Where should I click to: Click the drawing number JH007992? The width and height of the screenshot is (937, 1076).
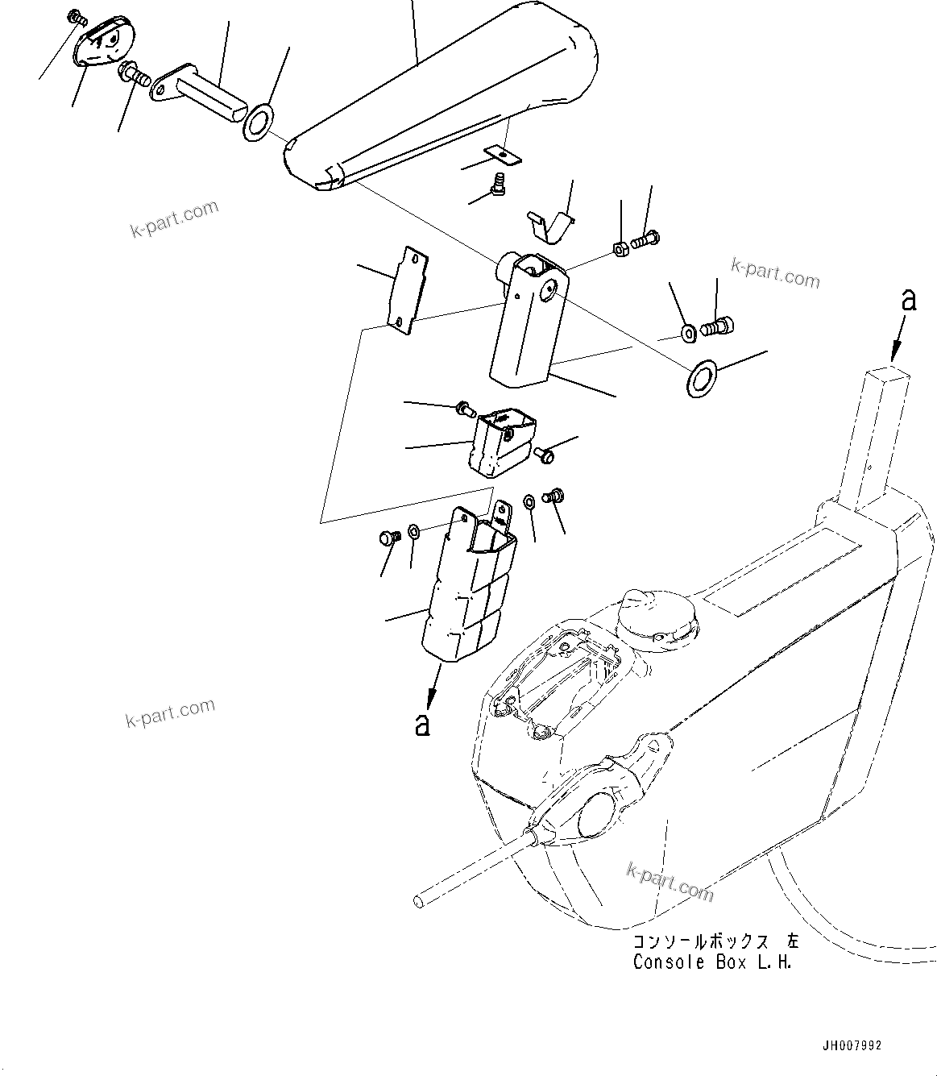coord(852,1045)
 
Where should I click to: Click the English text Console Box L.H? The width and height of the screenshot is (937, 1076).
coord(712,962)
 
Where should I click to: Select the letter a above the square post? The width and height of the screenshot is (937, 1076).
coord(909,301)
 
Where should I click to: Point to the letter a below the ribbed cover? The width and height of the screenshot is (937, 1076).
coord(422,723)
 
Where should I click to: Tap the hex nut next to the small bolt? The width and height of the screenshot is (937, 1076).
coord(621,247)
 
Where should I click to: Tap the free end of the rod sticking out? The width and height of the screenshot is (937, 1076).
coord(419,899)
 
